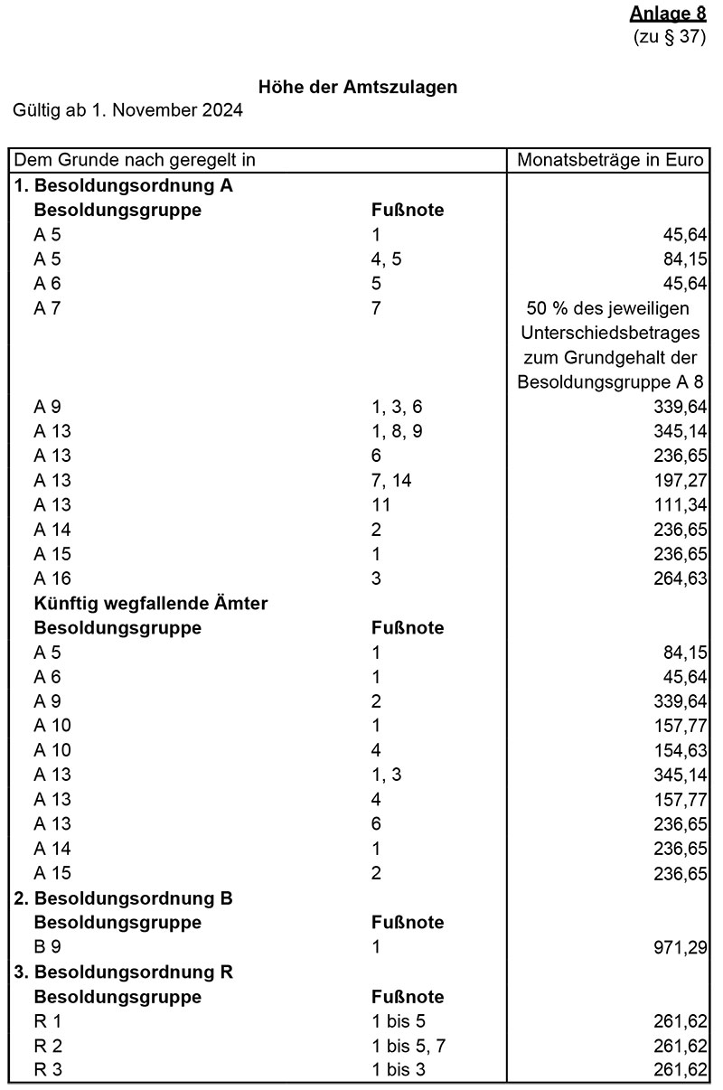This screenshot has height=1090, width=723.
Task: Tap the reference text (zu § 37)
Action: click(x=670, y=37)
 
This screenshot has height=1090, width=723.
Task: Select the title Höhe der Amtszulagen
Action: click(x=358, y=88)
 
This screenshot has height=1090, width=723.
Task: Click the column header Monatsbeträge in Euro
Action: click(x=609, y=161)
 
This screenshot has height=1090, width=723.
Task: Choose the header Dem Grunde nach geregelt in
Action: click(x=134, y=161)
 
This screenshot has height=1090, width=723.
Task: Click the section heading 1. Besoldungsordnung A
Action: click(x=124, y=186)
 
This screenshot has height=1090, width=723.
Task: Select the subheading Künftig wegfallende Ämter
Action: click(x=150, y=603)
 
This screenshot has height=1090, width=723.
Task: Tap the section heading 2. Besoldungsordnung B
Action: click(x=124, y=898)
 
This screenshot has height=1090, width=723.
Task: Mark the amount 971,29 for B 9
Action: click(x=681, y=947)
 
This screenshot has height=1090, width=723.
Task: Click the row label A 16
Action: click(x=52, y=578)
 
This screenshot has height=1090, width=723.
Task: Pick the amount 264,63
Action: click(x=681, y=578)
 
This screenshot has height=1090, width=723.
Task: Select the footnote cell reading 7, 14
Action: click(x=391, y=480)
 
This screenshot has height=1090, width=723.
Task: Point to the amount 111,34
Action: click(x=681, y=504)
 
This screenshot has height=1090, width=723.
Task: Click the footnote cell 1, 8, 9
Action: click(x=397, y=431)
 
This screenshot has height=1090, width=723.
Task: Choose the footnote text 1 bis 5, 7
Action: click(x=409, y=1046)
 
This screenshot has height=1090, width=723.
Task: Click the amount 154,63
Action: click(x=681, y=750)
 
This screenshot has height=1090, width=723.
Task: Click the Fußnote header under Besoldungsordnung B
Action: click(x=408, y=923)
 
